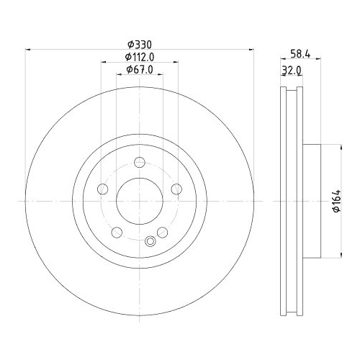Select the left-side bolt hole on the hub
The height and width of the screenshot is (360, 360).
point(102,189)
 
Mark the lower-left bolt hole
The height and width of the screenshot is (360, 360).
point(116,233)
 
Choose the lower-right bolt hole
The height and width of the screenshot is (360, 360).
point(162,232)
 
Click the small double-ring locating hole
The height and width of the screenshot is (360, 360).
point(150,242)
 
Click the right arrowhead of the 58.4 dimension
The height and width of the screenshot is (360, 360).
point(319,60)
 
